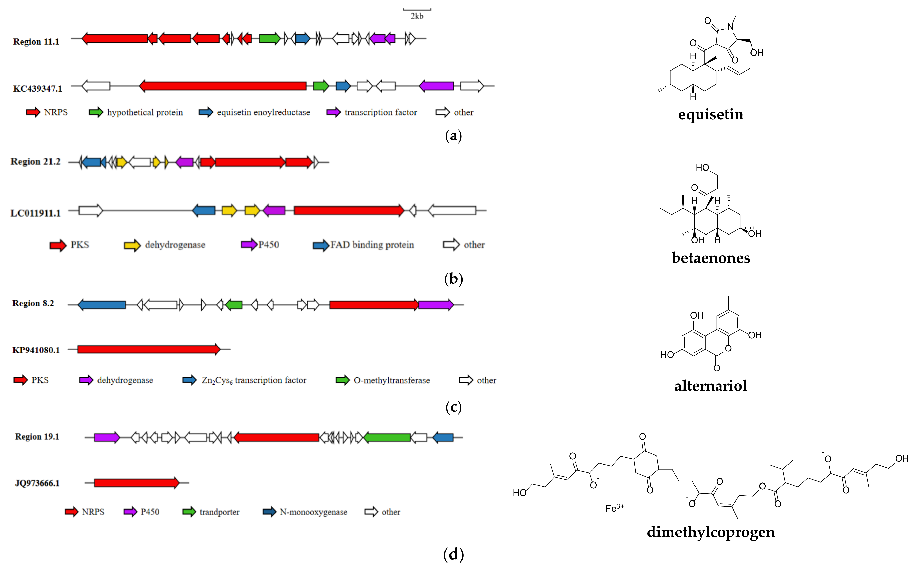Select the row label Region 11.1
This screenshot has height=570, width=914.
[36, 42]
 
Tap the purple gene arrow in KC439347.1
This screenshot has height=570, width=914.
[436, 86]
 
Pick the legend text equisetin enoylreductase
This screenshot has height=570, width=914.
[263, 112]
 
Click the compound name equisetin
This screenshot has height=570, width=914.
[711, 114]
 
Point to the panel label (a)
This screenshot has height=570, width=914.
[453, 136]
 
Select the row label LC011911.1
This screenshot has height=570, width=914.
[35, 213]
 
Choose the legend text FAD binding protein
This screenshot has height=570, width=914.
[372, 245]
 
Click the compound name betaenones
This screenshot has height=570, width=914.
[711, 258]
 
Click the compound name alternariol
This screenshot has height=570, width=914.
[711, 386]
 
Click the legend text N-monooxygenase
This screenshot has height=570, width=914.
[314, 512]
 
